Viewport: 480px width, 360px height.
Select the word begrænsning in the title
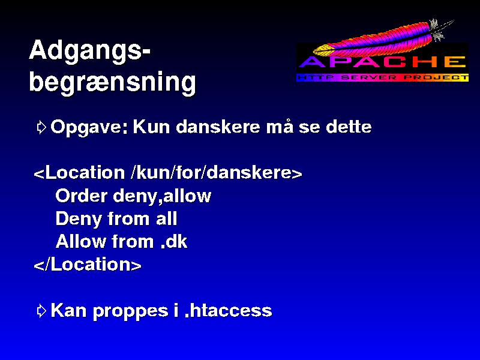point(113,83)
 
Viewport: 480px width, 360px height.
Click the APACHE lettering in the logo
point(383,62)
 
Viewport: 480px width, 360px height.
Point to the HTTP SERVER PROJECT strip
point(383,77)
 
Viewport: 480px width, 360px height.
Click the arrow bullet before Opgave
point(41,127)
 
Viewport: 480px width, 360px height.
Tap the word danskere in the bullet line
point(218,127)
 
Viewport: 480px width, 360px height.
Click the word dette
point(349,127)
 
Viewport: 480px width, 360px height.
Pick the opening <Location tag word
point(79,173)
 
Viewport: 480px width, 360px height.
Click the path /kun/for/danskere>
point(216,173)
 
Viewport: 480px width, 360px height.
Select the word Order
point(82,196)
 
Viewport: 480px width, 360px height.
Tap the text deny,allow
point(162,197)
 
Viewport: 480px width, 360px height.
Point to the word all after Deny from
point(167,218)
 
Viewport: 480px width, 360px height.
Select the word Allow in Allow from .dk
point(81,242)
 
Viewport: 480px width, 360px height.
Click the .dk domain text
point(173,242)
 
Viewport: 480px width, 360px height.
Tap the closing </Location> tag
point(88,265)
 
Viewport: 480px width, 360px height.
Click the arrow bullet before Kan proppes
point(41,311)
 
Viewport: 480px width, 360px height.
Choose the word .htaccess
point(229,310)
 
